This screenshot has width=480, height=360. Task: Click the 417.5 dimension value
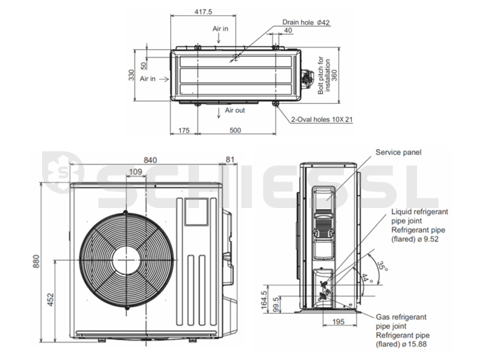[x=202, y=12]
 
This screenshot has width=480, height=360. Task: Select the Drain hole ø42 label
[x=306, y=22]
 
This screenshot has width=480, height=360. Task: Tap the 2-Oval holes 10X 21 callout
[x=322, y=120]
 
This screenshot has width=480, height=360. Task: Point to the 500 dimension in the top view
[x=235, y=130]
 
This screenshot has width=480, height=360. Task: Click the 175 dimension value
[x=184, y=130]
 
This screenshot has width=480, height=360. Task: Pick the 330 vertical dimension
[x=131, y=75]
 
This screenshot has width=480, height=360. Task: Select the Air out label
[x=235, y=111]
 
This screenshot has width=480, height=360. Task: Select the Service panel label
[x=399, y=152]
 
